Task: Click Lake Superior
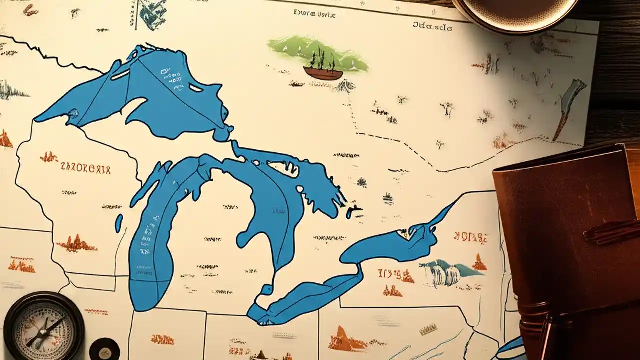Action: [150, 95]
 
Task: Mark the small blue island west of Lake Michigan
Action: [119, 223]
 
